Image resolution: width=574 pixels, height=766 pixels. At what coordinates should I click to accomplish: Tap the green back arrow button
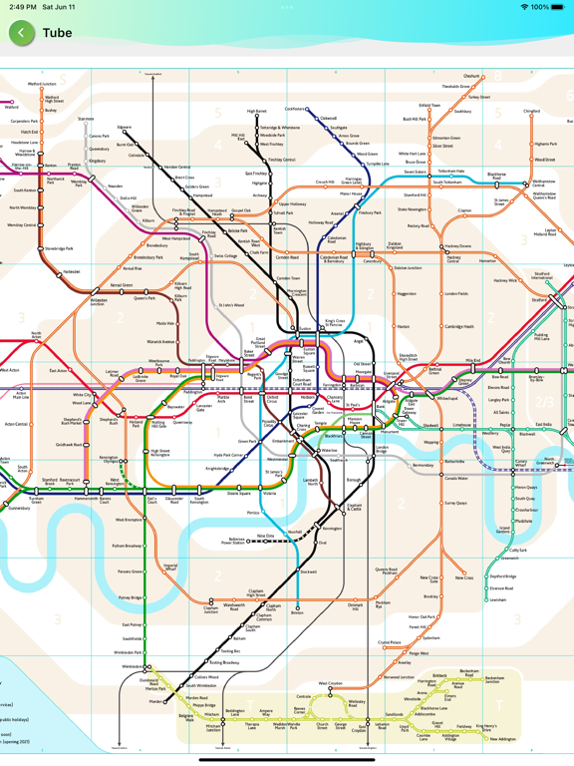(x=22, y=33)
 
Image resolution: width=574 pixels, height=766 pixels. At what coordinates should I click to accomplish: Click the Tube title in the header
(x=57, y=33)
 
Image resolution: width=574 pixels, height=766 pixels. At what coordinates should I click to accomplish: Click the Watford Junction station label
(x=43, y=85)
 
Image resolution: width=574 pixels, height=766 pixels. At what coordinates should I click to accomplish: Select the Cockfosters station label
(x=295, y=109)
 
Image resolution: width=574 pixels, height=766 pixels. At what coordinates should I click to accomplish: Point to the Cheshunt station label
(x=471, y=77)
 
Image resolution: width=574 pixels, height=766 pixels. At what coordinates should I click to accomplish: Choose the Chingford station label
(x=531, y=111)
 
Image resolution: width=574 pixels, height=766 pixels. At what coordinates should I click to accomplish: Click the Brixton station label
(x=296, y=611)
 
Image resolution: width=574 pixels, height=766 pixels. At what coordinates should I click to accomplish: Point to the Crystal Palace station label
(x=390, y=643)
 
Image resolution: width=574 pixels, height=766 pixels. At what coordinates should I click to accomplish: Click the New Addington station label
(x=502, y=739)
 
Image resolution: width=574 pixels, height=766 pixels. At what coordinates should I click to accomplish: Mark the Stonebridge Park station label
(x=59, y=249)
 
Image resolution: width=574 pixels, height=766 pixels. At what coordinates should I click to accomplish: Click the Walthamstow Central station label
(x=543, y=183)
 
